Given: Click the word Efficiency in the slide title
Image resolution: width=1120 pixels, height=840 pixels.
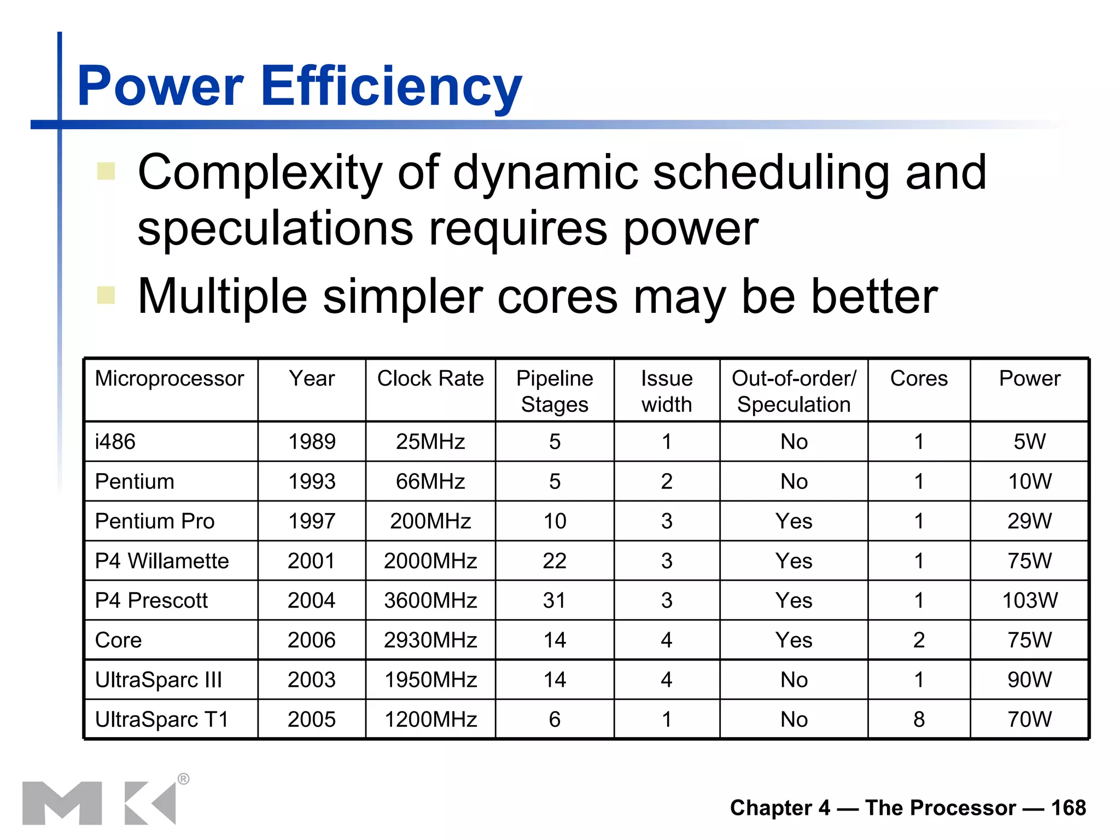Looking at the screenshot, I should (x=392, y=86).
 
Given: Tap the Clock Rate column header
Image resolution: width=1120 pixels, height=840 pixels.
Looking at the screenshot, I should (x=430, y=378).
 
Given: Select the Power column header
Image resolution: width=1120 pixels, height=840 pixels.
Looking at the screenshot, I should (x=1029, y=378).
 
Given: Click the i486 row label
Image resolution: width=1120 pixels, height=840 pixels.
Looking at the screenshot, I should (x=115, y=442).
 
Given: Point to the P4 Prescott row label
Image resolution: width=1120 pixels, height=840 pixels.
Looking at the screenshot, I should (x=151, y=600).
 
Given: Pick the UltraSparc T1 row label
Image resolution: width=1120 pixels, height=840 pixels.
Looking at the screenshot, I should (x=162, y=720).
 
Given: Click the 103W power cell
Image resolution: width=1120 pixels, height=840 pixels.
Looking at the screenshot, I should (x=1029, y=600).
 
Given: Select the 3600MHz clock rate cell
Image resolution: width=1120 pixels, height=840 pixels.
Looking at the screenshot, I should (x=430, y=600).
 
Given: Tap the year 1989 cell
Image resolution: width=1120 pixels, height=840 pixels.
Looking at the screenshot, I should (x=312, y=442).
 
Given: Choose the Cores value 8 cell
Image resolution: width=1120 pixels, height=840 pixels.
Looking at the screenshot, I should (x=919, y=720).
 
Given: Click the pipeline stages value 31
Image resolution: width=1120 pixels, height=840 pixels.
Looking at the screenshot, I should (x=555, y=600).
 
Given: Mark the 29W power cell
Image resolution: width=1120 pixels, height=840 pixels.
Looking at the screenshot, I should (x=1029, y=521).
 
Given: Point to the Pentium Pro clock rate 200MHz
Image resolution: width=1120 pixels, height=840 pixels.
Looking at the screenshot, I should (x=430, y=521).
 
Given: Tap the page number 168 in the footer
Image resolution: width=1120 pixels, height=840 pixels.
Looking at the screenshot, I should (x=1068, y=808).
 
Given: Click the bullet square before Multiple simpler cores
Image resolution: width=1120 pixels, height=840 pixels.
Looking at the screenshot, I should (x=106, y=295).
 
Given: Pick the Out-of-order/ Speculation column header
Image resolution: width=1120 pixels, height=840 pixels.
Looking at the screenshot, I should (x=794, y=391).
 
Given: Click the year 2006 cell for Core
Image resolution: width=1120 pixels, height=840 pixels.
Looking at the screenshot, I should (x=312, y=640).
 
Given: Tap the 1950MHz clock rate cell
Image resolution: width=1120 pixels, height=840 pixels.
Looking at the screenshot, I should (x=430, y=680).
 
